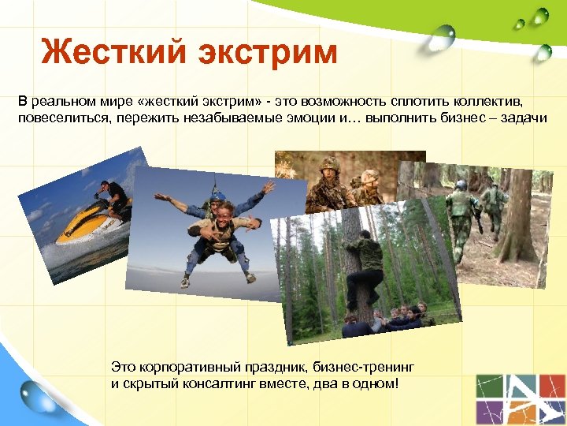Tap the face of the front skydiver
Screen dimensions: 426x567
coord(222,211)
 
